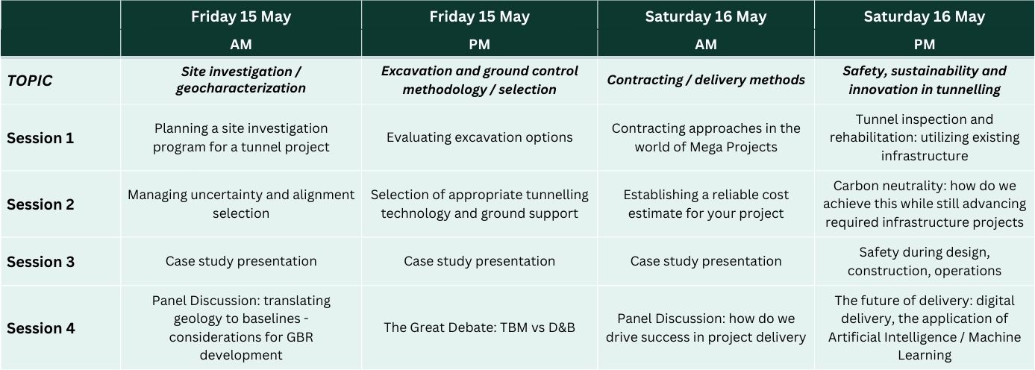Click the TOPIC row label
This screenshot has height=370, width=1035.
(30, 81)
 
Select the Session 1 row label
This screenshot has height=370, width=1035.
(40, 138)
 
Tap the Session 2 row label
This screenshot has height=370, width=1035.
(40, 204)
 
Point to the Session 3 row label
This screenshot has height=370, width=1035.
(40, 261)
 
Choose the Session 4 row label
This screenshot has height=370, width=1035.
(40, 328)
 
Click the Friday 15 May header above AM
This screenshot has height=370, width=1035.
(241, 16)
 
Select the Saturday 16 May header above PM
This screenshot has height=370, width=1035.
(924, 16)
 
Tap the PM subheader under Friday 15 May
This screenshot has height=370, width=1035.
(479, 44)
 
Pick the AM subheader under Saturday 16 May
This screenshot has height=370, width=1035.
(706, 44)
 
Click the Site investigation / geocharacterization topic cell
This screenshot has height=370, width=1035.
(241, 80)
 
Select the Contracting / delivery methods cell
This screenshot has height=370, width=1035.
(706, 80)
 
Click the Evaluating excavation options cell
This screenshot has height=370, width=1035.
(479, 137)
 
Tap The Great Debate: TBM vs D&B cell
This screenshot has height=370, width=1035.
(479, 327)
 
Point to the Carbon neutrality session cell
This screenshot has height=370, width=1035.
(924, 204)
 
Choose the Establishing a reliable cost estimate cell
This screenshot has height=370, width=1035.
(706, 204)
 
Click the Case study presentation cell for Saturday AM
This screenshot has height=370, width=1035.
(706, 261)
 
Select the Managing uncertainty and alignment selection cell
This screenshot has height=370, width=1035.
(241, 204)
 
